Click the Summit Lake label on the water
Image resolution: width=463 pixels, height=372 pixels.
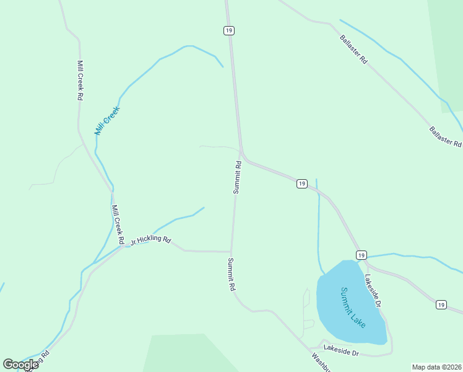point(353,308)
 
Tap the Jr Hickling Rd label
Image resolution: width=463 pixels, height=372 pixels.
point(150,239)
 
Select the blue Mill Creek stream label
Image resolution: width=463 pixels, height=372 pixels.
point(106,121)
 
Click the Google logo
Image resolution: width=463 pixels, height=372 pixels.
point(20,365)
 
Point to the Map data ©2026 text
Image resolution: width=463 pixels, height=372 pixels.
point(437,367)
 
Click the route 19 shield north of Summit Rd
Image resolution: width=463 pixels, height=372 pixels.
point(229,30)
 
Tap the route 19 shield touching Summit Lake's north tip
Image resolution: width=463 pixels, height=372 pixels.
point(361,255)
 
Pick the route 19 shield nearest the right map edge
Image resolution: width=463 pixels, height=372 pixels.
point(441,304)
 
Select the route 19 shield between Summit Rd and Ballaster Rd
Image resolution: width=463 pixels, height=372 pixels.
point(301,184)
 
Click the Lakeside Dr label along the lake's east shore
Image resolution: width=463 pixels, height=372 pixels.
point(373,290)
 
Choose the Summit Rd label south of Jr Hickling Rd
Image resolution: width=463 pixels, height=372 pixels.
point(231,275)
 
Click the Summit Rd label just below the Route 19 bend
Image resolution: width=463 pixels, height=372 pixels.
point(237,178)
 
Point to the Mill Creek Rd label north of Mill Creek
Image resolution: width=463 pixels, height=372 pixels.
point(80,81)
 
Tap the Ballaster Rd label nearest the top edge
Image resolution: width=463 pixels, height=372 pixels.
point(353,50)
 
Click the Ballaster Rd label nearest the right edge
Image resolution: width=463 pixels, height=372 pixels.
point(446,136)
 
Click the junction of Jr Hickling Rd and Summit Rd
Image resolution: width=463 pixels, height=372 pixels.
point(231,252)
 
